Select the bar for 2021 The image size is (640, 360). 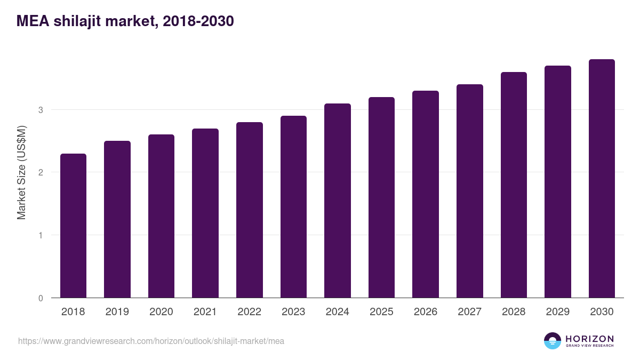(x=205, y=213)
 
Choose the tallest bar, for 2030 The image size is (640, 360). (x=602, y=179)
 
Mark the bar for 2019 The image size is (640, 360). (x=117, y=219)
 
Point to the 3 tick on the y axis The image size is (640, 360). (x=40, y=110)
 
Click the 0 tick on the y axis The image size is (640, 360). (x=40, y=298)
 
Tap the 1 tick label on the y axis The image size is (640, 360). (x=40, y=235)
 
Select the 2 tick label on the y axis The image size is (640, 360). (x=40, y=172)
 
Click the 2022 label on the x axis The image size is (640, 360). (x=249, y=312)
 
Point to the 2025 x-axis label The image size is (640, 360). (x=381, y=312)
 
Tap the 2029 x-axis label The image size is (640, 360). (x=558, y=312)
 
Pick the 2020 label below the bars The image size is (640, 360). (x=161, y=312)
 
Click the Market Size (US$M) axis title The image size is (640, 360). (x=21, y=172)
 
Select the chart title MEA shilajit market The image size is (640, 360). (x=125, y=21)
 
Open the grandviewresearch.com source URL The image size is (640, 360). (x=151, y=341)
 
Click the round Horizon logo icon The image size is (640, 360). (x=553, y=341)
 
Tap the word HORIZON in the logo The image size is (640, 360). (x=589, y=338)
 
